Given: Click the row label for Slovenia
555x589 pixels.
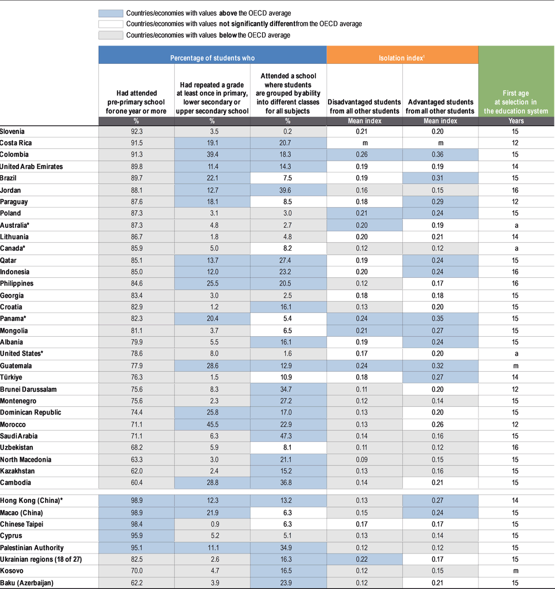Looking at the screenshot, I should [x=12, y=132].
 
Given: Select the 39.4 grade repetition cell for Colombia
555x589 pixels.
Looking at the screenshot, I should [x=212, y=154].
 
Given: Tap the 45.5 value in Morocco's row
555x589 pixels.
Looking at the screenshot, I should [x=212, y=425].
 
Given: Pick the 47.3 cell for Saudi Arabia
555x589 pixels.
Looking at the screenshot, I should [x=288, y=436].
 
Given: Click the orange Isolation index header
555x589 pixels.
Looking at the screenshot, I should [x=402, y=57].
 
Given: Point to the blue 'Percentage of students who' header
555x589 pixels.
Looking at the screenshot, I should [x=213, y=57].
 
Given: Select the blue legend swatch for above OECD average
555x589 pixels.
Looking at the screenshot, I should [x=110, y=13].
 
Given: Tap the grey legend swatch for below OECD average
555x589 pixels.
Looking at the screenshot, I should [x=110, y=35].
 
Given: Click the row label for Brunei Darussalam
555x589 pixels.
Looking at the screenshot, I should [x=28, y=390].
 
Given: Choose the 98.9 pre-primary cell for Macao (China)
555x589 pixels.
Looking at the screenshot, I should [x=136, y=513].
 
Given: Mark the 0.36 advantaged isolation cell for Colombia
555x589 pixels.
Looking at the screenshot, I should [x=440, y=154].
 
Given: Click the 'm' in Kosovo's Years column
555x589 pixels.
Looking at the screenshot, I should [x=516, y=571].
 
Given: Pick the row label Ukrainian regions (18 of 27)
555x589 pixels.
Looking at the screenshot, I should [x=41, y=560].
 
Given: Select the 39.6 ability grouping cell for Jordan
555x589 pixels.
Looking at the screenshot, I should [x=288, y=190].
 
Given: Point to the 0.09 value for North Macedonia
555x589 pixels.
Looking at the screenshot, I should [x=364, y=460].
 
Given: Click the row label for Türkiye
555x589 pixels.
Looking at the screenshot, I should [x=12, y=378].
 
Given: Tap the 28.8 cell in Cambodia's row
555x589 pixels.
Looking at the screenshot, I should [x=212, y=483].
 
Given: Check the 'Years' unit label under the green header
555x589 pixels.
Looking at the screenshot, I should [x=516, y=121].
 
